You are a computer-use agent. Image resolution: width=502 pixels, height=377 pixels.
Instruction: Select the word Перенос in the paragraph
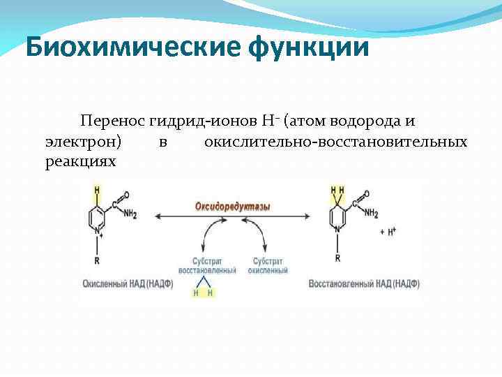coord(112,121)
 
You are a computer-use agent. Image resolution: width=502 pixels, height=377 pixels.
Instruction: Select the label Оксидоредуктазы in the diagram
coord(233,206)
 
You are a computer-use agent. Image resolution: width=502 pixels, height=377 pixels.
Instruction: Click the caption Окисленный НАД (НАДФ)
coord(127,284)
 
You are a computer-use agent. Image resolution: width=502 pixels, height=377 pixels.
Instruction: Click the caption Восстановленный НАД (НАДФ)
coord(365,284)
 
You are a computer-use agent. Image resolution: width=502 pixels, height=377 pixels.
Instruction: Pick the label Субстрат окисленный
coord(266,265)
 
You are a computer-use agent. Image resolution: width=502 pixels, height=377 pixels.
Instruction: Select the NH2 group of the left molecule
coord(130,214)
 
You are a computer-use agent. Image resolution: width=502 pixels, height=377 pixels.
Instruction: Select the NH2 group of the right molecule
coord(371,214)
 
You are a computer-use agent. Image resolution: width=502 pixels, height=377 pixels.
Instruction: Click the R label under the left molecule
coord(97,260)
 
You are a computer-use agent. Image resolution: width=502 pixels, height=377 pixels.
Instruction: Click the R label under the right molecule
coord(337,258)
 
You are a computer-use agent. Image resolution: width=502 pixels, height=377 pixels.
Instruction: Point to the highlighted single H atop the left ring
coord(97,189)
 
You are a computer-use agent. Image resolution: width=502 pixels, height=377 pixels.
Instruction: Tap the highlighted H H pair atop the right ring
coord(337,189)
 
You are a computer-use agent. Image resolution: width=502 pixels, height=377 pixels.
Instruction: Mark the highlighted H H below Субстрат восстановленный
coord(203,293)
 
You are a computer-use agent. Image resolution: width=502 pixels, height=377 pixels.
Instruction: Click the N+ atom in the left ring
coord(98,232)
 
